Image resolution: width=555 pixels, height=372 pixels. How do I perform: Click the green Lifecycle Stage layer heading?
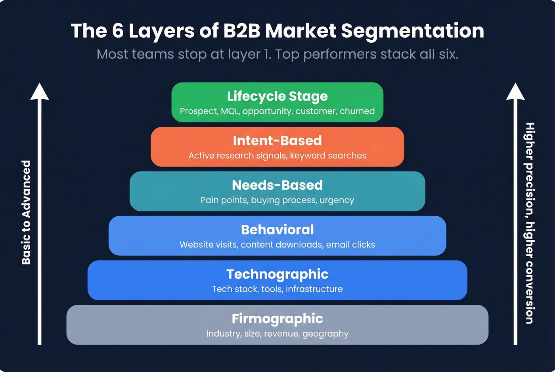tap(277, 96)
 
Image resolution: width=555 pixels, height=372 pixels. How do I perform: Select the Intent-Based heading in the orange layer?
tap(277, 141)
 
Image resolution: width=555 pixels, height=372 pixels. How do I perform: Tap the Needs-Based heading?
tap(277, 185)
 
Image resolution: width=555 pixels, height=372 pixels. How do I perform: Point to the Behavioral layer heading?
tap(277, 230)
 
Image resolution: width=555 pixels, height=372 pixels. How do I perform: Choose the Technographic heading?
tap(277, 274)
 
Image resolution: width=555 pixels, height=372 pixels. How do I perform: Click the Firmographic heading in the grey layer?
tap(277, 319)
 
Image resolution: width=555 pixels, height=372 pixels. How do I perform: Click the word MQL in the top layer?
tap(230, 111)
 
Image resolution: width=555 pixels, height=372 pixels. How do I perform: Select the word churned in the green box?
tap(357, 111)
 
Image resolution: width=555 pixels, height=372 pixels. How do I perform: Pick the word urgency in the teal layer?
tap(337, 200)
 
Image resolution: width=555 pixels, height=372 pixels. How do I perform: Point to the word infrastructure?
tap(314, 289)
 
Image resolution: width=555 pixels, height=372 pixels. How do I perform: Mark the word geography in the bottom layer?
tap(325, 334)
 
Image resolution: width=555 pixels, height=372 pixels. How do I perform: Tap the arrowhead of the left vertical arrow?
tap(39, 91)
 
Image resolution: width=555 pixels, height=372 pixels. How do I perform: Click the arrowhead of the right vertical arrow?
tap(515, 91)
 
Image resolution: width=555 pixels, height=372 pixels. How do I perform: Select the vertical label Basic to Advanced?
tap(26, 212)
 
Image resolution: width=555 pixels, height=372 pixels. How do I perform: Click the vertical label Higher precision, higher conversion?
tap(530, 223)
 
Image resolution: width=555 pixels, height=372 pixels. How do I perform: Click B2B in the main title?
tap(241, 31)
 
